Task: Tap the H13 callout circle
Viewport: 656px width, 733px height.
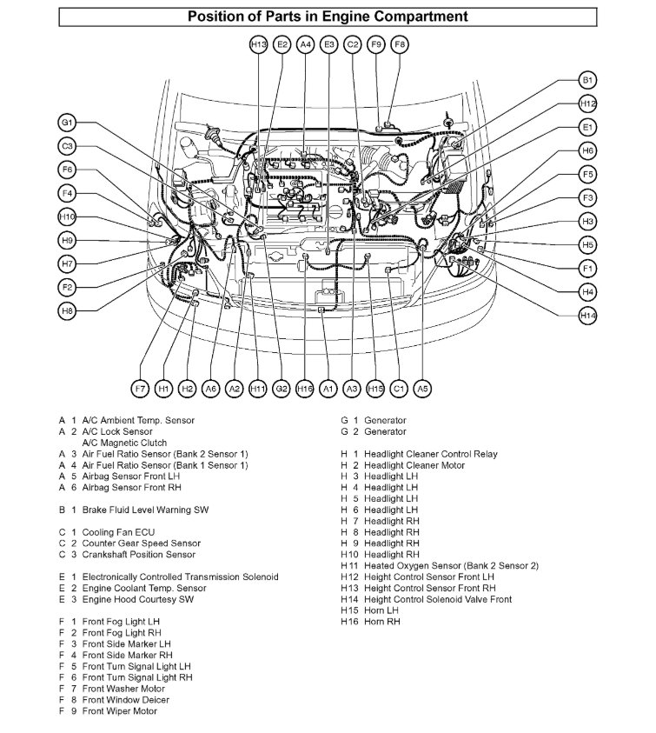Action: click(x=258, y=43)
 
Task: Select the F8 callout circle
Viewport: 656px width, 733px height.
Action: click(x=399, y=43)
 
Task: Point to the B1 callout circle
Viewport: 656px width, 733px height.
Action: click(x=588, y=80)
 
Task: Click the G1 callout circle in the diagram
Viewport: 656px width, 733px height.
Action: click(x=68, y=123)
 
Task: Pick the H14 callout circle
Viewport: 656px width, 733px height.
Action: click(x=588, y=316)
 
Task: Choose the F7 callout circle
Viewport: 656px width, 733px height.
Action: click(x=140, y=388)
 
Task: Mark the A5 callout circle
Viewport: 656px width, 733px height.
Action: click(x=422, y=388)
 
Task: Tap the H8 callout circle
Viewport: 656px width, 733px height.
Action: click(x=68, y=310)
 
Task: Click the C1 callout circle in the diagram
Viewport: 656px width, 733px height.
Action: click(x=399, y=388)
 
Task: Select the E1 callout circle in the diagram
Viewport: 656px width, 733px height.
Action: click(x=588, y=128)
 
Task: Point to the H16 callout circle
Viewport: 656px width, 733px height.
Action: click(x=304, y=388)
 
